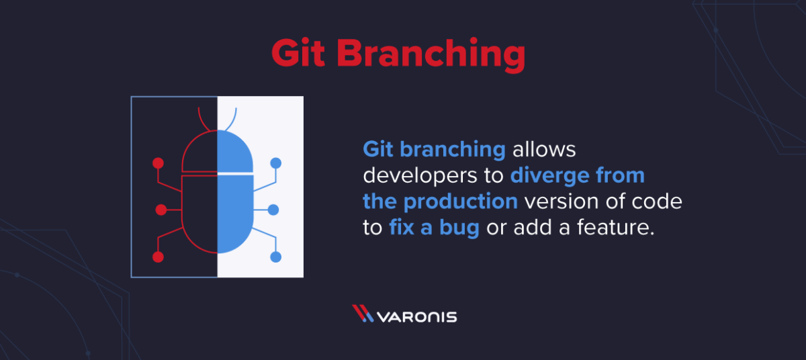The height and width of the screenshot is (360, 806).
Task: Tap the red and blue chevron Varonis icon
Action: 363,314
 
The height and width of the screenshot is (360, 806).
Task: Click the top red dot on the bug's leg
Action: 158,163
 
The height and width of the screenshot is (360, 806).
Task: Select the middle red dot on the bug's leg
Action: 161,210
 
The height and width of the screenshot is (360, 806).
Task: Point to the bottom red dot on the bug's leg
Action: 158,257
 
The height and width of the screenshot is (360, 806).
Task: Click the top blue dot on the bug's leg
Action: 275,163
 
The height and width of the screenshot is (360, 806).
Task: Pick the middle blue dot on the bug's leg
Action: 273,210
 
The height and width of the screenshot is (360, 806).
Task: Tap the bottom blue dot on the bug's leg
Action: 275,257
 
